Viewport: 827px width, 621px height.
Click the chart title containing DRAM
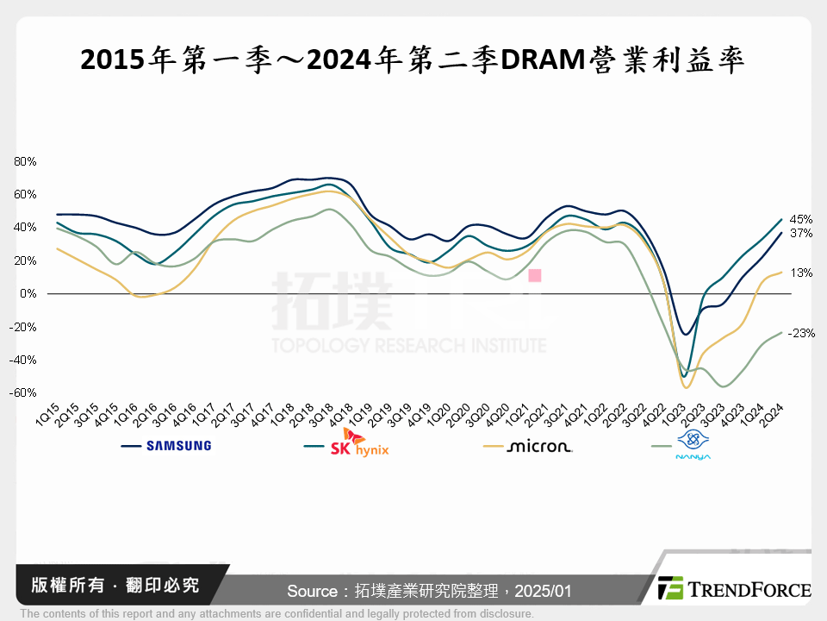coord(413,61)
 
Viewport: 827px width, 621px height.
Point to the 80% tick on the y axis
coord(24,161)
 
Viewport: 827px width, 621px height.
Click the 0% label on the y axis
coord(28,294)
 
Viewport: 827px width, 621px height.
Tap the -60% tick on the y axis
coord(23,393)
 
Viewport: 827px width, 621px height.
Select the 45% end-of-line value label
coord(801,219)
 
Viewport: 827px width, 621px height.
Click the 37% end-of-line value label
coord(801,234)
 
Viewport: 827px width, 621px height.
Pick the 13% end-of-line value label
coord(801,273)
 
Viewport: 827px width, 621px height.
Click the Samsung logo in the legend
coord(178,446)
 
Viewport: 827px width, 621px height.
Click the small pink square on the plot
coord(534,276)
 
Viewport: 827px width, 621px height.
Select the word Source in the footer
coord(311,591)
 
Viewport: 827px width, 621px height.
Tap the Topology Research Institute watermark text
coord(409,346)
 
